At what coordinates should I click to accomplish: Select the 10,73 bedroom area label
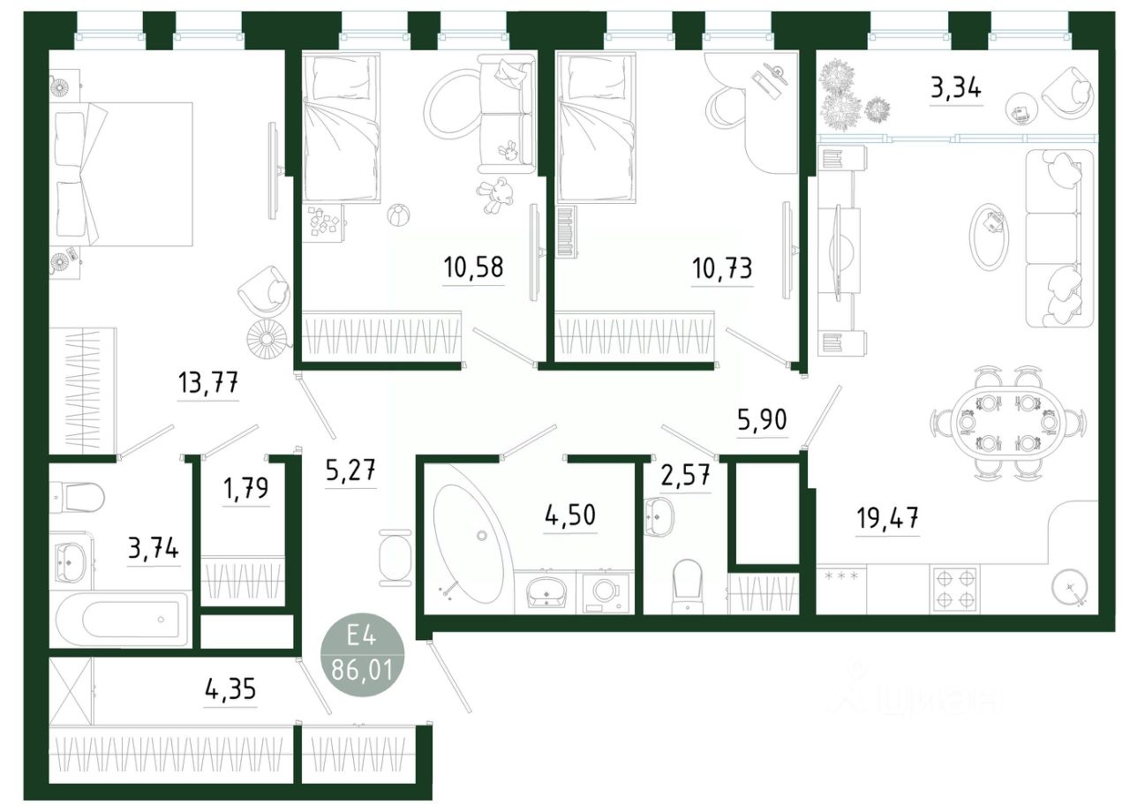point(723,267)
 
